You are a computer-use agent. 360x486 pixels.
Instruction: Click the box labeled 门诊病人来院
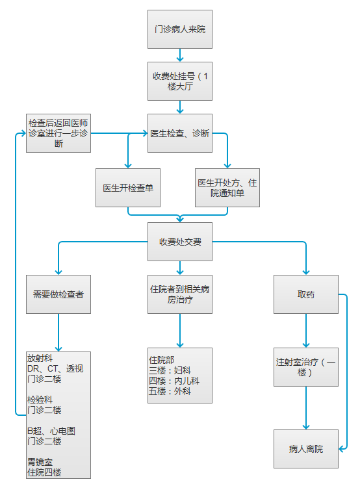click(x=180, y=29)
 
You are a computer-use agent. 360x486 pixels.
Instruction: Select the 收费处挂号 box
click(x=180, y=81)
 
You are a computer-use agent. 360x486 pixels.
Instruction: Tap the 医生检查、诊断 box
click(x=180, y=133)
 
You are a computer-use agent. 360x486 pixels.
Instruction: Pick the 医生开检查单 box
click(x=128, y=188)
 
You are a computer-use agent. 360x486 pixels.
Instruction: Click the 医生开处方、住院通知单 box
click(x=227, y=188)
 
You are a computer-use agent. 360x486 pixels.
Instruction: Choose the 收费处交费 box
click(x=180, y=242)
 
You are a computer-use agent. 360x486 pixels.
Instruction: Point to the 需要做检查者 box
click(x=58, y=294)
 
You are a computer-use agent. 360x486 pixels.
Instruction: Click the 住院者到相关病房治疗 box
click(x=180, y=294)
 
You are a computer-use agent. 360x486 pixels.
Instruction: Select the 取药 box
click(x=306, y=294)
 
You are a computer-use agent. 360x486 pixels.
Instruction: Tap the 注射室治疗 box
click(x=306, y=367)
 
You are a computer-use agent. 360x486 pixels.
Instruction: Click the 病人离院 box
click(x=306, y=449)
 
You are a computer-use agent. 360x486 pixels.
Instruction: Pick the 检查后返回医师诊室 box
click(x=58, y=133)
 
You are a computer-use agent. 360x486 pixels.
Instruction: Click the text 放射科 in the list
click(x=40, y=358)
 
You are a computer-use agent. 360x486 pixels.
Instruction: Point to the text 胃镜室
click(x=40, y=462)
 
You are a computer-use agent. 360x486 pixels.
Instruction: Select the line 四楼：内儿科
click(x=174, y=381)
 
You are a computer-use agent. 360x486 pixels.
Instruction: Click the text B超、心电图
click(x=51, y=431)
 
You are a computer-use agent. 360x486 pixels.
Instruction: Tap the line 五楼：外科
click(x=170, y=391)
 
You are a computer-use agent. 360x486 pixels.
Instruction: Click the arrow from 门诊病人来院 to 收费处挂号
click(x=180, y=55)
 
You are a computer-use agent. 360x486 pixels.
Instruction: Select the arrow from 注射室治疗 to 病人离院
click(x=306, y=408)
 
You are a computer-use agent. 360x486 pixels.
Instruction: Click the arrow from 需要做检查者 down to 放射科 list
click(x=58, y=333)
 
